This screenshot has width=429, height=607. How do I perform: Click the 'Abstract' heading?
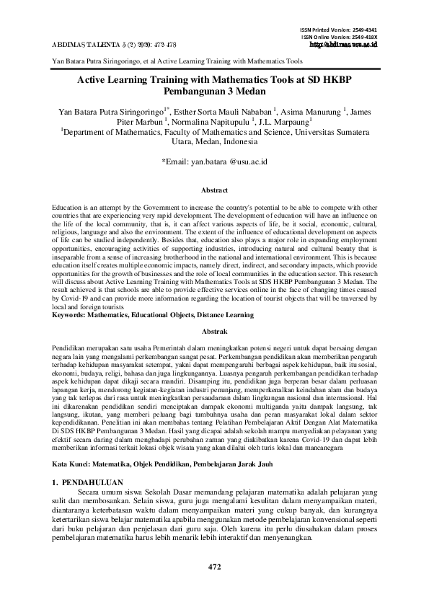coord(214,190)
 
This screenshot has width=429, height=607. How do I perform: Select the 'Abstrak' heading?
coord(214,331)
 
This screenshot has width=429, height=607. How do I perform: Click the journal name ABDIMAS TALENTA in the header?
coord(87,44)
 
